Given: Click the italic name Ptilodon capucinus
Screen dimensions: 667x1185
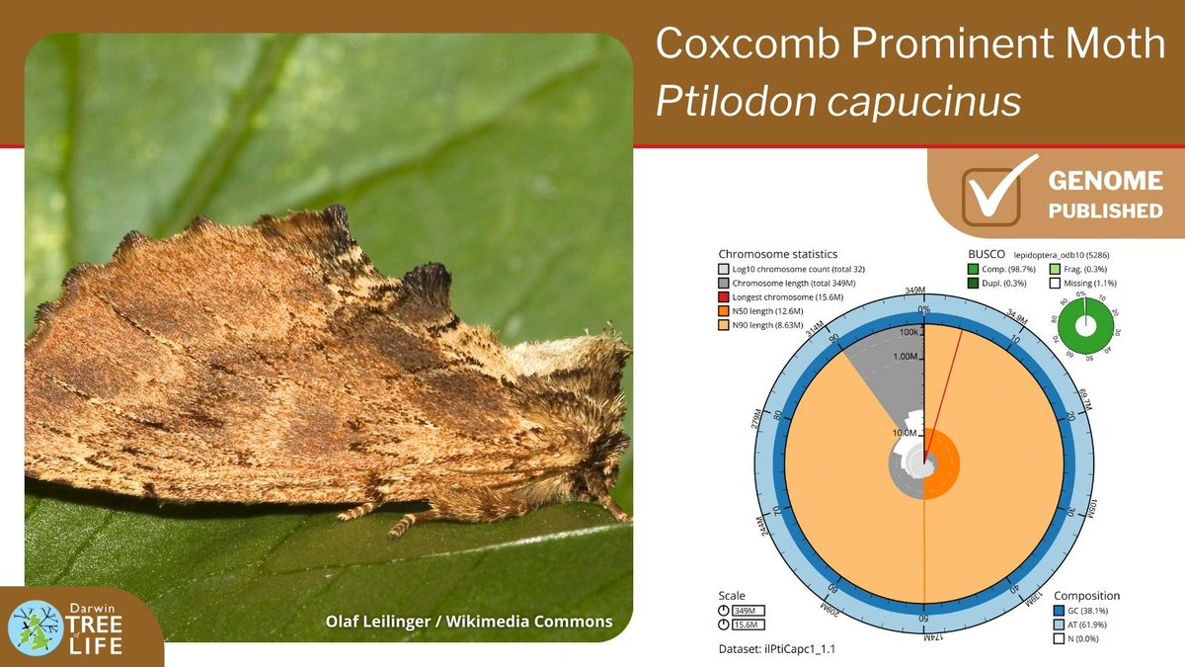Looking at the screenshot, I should coord(838,101).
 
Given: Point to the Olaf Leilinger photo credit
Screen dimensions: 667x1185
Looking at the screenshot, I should coord(469,621).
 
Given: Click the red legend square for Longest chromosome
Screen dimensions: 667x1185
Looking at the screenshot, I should coord(724,296).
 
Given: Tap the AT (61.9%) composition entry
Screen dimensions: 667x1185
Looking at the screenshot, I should coord(1086,625).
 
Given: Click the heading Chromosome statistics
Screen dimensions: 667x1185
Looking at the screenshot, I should coord(777,253).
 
